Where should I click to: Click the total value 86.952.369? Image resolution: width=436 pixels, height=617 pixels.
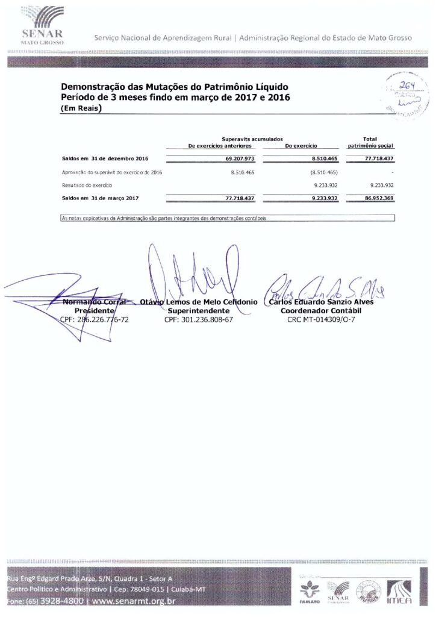(x=379, y=197)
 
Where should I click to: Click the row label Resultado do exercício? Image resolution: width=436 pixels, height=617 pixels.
(x=87, y=185)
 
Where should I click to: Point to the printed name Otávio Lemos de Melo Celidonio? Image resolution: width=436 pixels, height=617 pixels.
(x=199, y=302)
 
